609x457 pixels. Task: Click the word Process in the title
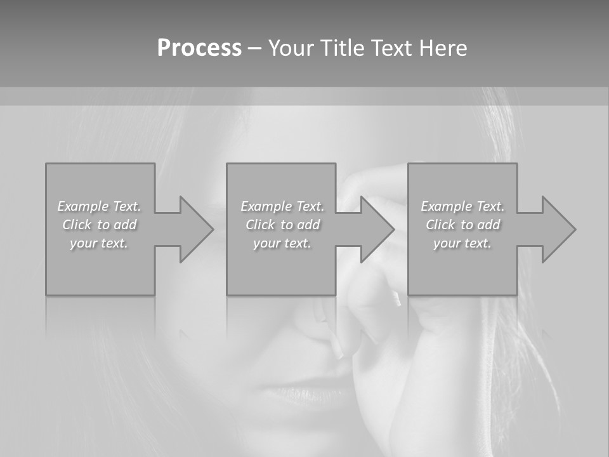(199, 48)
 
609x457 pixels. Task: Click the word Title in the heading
(341, 48)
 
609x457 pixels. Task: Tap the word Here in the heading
(443, 48)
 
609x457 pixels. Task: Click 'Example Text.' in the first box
(100, 206)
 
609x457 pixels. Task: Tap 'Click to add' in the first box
(100, 225)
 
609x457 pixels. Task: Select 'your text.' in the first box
(100, 243)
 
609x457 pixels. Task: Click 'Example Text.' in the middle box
(282, 206)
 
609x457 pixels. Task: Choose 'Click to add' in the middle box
(282, 225)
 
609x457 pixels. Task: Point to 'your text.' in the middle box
(282, 243)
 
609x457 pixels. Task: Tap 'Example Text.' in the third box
(462, 206)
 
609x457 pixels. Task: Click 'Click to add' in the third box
(462, 225)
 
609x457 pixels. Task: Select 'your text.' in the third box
(462, 243)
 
